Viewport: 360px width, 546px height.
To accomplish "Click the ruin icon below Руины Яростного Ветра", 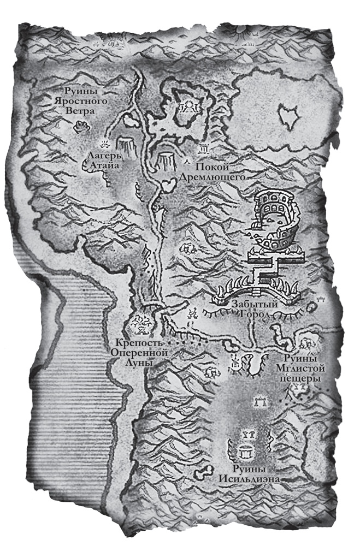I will point(80,127).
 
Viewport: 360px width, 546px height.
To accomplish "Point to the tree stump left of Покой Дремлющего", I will point(166,159).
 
